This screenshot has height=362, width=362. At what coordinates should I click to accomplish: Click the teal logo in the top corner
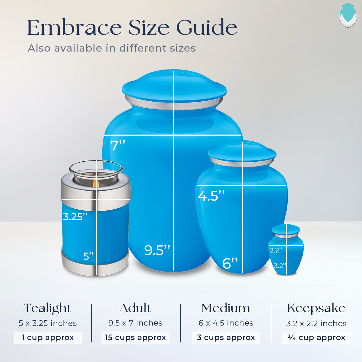click(348, 15)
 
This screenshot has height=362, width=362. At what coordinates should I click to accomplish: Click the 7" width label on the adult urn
click(118, 145)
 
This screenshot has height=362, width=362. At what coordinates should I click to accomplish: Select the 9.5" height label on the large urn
click(157, 250)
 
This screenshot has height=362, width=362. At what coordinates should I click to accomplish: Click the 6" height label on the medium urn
click(230, 263)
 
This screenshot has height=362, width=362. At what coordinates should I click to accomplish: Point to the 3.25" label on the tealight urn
click(75, 217)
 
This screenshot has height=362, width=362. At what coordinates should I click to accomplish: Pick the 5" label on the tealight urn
click(88, 256)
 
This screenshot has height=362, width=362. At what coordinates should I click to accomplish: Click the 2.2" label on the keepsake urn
click(276, 250)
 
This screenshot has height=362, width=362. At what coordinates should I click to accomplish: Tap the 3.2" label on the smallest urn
click(280, 266)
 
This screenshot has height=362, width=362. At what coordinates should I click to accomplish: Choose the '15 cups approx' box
click(135, 338)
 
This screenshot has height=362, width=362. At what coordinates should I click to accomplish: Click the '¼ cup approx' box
click(316, 338)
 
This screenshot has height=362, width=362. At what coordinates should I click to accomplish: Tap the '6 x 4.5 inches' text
click(226, 323)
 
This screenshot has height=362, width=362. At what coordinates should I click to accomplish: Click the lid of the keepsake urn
click(286, 229)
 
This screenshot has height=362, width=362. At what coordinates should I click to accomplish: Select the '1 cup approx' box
click(48, 338)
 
